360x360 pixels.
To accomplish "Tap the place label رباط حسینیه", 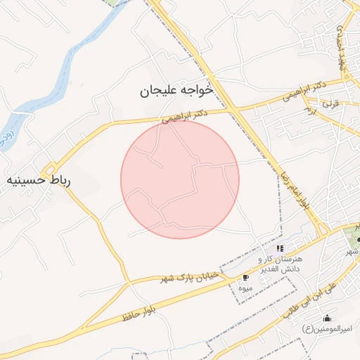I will point(41,181).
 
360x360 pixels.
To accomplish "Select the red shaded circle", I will point(180,179).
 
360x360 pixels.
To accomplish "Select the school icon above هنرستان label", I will point(280,248).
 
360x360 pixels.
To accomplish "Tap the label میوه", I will point(245,288).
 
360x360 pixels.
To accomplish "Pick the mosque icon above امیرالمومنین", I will point(326,318).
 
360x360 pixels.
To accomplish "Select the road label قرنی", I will point(330,103).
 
